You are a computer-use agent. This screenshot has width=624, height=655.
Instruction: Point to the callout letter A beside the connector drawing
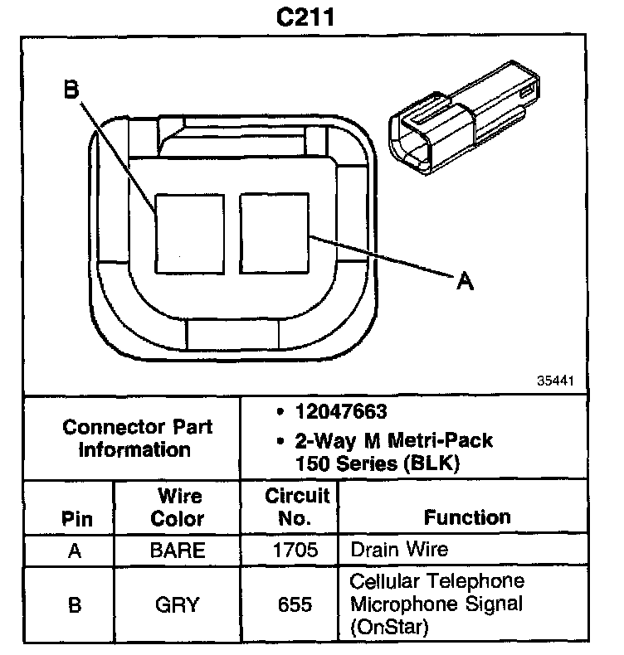coord(466,282)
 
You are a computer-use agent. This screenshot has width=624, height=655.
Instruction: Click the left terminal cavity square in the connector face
coord(190,235)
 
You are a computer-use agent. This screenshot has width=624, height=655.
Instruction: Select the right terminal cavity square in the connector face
coord(274,235)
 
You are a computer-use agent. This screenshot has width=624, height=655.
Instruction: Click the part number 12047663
coord(341,412)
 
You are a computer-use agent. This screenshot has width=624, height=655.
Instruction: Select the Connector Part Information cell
coord(138,439)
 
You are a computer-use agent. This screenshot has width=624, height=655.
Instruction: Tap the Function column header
coord(467,517)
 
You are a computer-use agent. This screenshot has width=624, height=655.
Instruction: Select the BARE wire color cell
coord(178,550)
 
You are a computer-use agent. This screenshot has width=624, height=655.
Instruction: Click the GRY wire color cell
coord(178,604)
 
